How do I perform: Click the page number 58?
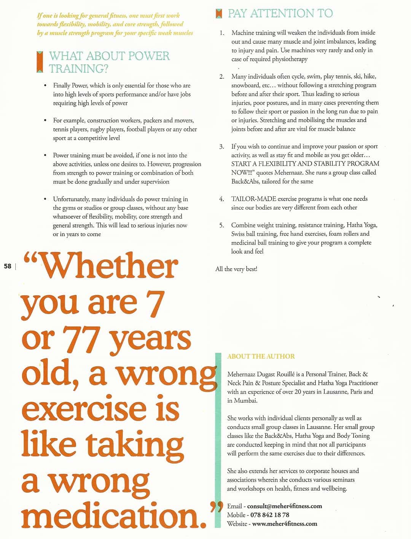click(8, 266)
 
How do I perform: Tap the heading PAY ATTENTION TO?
click(280, 13)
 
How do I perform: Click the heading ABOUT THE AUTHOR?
click(261, 356)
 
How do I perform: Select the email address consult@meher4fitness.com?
click(284, 506)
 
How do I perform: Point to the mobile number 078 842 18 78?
click(269, 515)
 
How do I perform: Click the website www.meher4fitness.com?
click(284, 524)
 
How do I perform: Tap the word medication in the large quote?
click(111, 515)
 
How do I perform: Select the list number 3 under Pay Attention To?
click(221, 146)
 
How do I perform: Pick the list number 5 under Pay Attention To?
click(221, 225)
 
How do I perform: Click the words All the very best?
click(236, 269)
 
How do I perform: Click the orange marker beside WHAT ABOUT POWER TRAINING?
click(39, 62)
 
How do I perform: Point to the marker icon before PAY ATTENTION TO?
click(218, 14)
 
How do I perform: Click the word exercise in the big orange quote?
click(84, 409)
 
